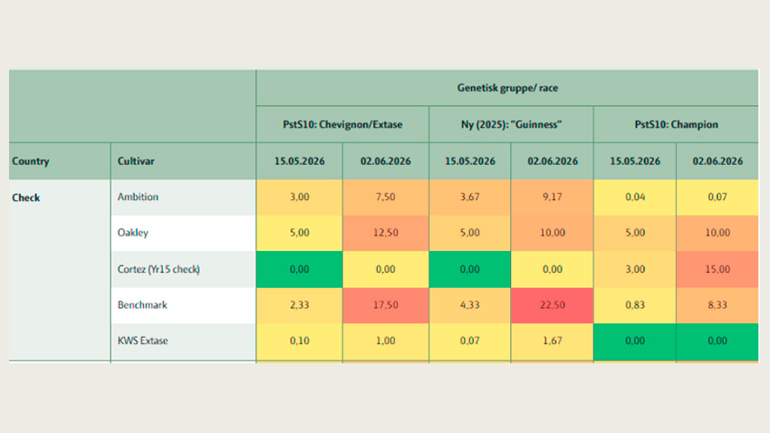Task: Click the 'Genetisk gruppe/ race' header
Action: tap(507, 88)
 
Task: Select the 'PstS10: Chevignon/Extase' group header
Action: tap(342, 125)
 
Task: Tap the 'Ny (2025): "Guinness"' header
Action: tap(511, 125)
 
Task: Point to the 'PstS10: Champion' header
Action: tap(676, 125)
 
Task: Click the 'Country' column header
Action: tap(31, 161)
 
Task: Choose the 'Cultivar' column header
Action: tap(136, 161)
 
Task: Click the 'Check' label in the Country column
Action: tap(26, 197)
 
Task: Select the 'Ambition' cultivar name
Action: tap(138, 197)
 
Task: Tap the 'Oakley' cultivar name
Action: tap(132, 233)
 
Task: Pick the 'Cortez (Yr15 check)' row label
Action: tap(159, 269)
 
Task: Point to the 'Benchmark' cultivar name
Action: tap(142, 305)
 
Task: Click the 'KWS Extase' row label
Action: tap(142, 341)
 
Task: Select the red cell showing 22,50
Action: tap(553, 305)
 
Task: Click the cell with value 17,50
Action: tap(386, 305)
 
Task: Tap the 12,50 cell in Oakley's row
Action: tap(386, 233)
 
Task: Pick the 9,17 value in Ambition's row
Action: tap(553, 197)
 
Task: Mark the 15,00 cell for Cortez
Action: tap(717, 269)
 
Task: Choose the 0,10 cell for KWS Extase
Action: tap(299, 341)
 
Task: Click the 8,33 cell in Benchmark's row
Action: tap(717, 305)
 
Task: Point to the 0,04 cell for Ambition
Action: tap(635, 197)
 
